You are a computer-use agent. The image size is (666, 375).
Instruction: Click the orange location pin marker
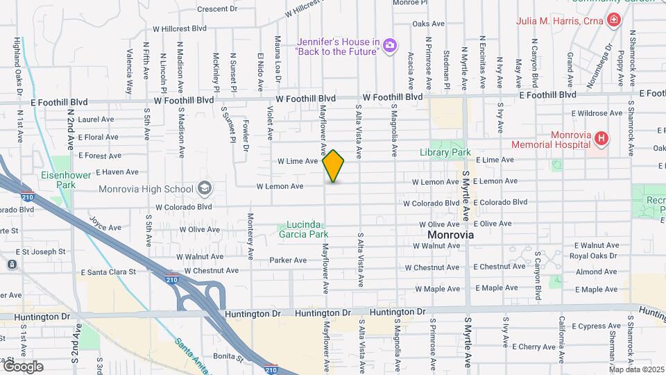[334, 165]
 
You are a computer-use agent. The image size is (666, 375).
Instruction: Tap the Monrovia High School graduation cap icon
[205, 187]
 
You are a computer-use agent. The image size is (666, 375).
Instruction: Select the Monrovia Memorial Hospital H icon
[601, 140]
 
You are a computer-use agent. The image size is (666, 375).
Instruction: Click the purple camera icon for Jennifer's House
[390, 46]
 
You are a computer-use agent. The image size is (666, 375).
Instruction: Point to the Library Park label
[445, 152]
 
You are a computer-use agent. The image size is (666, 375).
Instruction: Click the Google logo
[23, 367]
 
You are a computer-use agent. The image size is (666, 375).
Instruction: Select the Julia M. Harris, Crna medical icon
[613, 20]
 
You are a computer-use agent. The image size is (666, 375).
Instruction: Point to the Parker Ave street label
[288, 260]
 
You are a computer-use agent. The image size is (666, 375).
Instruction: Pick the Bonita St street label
[229, 356]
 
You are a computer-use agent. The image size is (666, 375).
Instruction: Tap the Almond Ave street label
[596, 272]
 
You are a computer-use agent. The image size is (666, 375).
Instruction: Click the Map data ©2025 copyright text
[637, 369]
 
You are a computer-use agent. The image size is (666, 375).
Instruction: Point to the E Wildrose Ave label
[597, 113]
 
